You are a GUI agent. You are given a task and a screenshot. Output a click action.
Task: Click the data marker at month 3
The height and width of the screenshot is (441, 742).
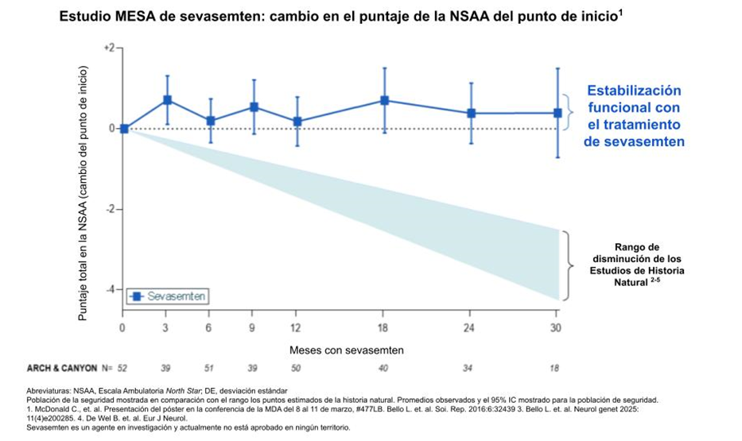click(x=168, y=100)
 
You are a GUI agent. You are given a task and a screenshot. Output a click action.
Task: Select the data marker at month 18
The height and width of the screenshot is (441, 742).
click(x=384, y=100)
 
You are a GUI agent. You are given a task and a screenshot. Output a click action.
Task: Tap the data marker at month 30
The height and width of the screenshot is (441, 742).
click(x=557, y=113)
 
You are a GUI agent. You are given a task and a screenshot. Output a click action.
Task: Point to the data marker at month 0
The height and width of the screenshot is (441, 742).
click(x=124, y=128)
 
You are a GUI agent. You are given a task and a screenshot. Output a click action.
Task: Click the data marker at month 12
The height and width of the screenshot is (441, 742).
click(x=297, y=122)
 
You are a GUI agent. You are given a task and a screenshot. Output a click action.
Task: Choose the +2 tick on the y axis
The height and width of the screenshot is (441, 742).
click(x=109, y=48)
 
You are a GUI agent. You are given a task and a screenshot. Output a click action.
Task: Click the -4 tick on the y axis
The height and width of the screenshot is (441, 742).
click(x=111, y=289)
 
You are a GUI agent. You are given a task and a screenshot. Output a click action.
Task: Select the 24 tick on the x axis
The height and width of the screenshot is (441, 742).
click(x=471, y=327)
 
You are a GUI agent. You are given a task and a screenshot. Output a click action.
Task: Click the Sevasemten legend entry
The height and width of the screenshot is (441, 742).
click(x=169, y=296)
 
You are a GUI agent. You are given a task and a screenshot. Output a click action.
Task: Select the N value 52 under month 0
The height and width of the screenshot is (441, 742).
click(x=122, y=369)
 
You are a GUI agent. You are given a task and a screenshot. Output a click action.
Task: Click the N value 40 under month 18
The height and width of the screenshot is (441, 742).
click(x=383, y=369)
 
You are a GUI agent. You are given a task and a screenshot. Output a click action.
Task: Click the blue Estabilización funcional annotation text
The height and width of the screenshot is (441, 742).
click(x=633, y=116)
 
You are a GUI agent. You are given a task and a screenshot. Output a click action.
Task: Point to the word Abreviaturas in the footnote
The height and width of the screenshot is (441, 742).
click(x=52, y=390)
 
